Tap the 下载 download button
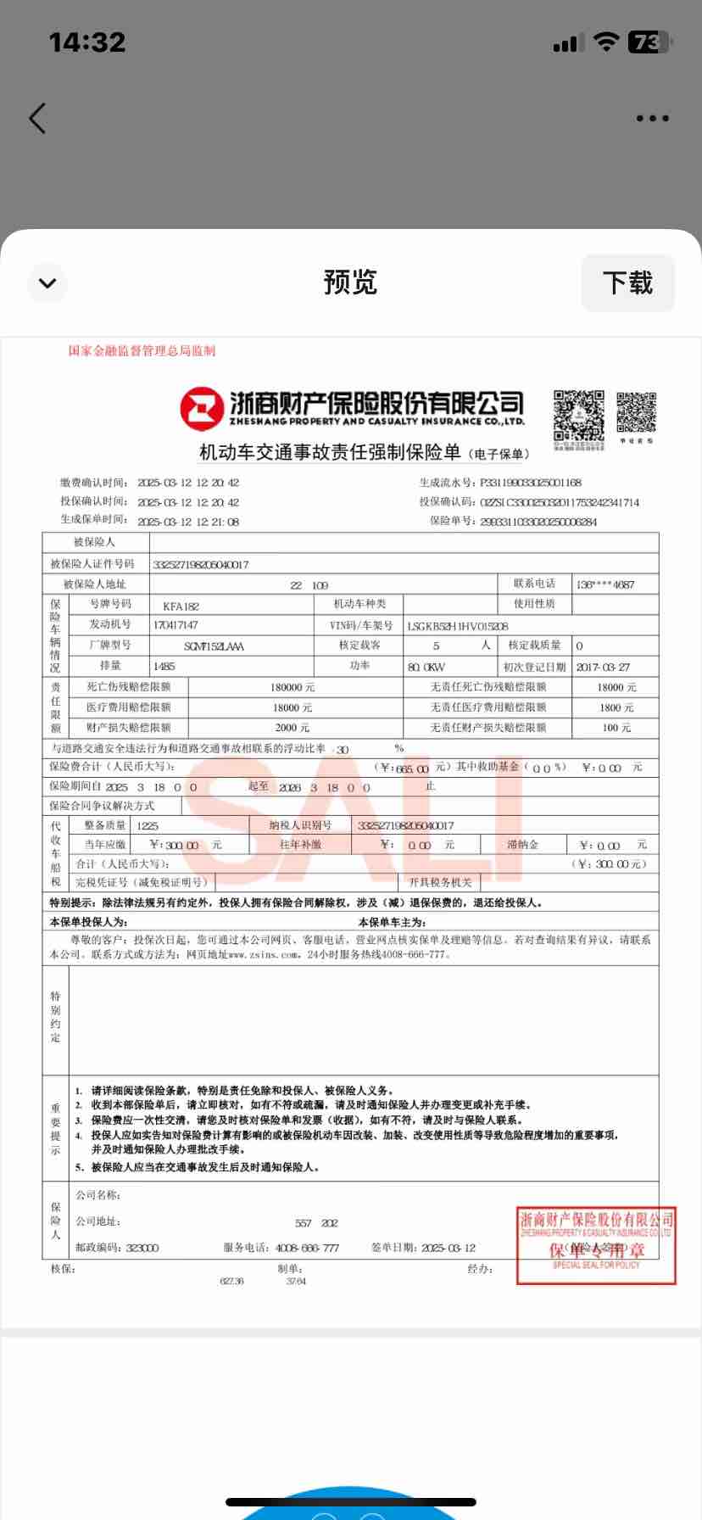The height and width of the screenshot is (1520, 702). (x=627, y=282)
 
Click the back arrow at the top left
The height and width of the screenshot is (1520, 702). (x=37, y=119)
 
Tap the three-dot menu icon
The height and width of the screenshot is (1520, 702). (x=652, y=119)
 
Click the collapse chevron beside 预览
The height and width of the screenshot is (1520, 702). (x=47, y=282)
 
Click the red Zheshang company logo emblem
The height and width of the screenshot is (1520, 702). (x=201, y=409)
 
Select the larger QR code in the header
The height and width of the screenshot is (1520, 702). (x=579, y=416)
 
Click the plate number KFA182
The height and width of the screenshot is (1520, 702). (x=181, y=606)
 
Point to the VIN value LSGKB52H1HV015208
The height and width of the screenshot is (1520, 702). (x=458, y=626)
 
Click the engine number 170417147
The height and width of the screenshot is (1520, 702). (x=175, y=625)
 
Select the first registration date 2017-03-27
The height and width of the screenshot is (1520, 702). (x=602, y=667)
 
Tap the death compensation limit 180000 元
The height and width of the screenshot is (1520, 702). (x=292, y=687)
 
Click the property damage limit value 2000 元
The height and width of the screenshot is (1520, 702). (x=292, y=727)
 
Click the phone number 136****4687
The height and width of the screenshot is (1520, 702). (x=604, y=584)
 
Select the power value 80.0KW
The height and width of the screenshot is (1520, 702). (x=426, y=667)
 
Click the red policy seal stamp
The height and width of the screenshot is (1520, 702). (x=596, y=1245)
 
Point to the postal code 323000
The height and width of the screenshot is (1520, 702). (x=142, y=1248)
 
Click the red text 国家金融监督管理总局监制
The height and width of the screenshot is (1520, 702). (x=142, y=350)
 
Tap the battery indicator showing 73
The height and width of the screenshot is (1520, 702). (x=649, y=42)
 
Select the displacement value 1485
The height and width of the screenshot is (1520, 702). (x=164, y=667)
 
